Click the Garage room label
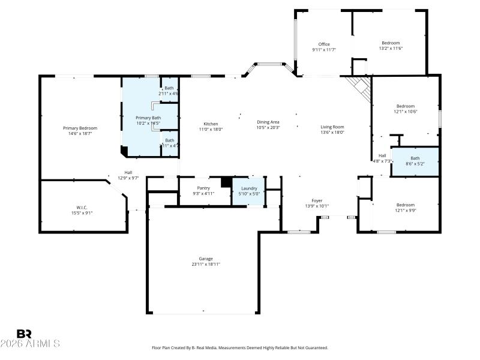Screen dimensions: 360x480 pyautogui.click(x=206, y=259)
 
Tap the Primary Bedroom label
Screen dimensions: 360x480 pyautogui.click(x=80, y=128)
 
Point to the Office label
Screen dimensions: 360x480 pyautogui.click(x=324, y=44)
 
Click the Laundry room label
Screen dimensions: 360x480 pyautogui.click(x=248, y=188)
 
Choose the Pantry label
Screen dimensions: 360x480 pyautogui.click(x=203, y=188)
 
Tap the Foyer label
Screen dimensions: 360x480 pyautogui.click(x=317, y=200)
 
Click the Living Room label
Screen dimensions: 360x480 pyautogui.click(x=332, y=127)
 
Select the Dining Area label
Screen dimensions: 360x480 pyautogui.click(x=268, y=122)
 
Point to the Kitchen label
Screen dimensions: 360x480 pyautogui.click(x=210, y=124)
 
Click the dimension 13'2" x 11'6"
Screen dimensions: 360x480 pyautogui.click(x=391, y=49)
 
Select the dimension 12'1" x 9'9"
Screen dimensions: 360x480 pyautogui.click(x=405, y=210)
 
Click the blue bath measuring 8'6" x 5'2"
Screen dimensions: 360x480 pyautogui.click(x=415, y=161)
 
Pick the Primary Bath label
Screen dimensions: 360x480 pyautogui.click(x=148, y=118)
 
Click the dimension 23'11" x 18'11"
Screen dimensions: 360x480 pyautogui.click(x=206, y=264)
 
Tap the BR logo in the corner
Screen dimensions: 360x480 pyautogui.click(x=24, y=334)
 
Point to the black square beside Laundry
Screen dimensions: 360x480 pyautogui.click(x=226, y=182)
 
